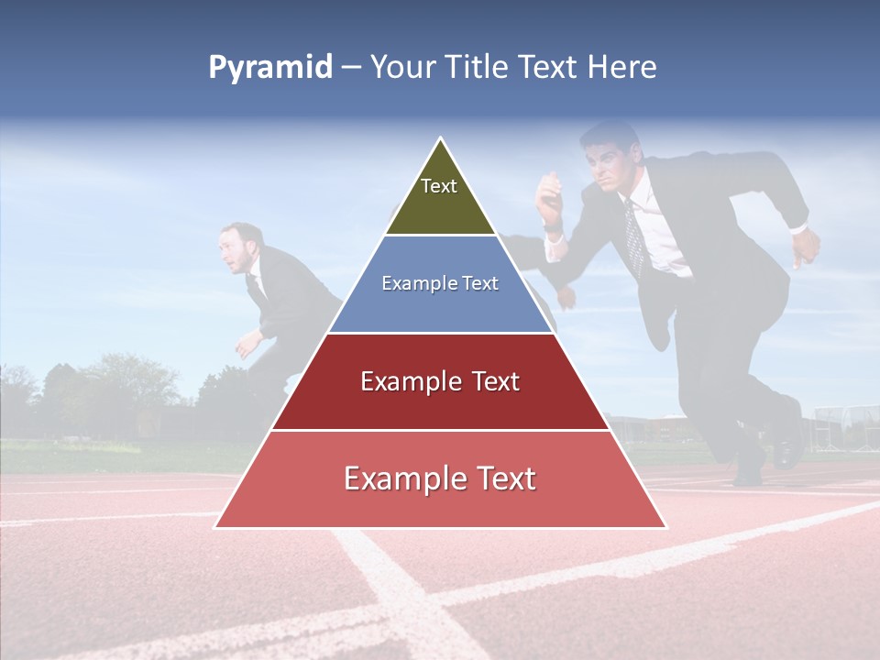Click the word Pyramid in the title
(x=269, y=68)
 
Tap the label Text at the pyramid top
(x=438, y=186)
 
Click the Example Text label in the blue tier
(x=440, y=283)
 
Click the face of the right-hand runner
(x=607, y=166)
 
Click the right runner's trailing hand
(x=805, y=246)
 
